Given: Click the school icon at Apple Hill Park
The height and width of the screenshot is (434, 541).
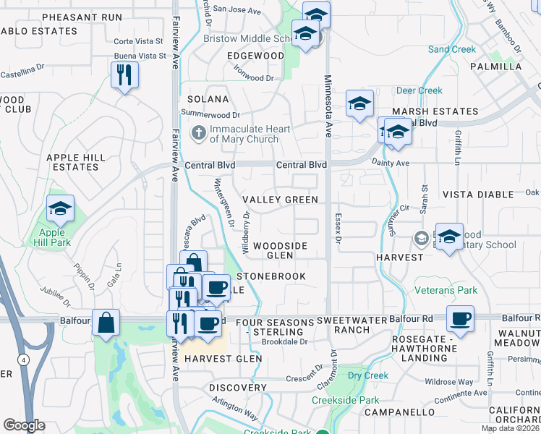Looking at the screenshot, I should click(61, 209).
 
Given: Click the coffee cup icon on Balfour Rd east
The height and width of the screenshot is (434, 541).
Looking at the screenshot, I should click(459, 317).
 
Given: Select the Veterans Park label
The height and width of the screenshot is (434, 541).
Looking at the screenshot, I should click(446, 290).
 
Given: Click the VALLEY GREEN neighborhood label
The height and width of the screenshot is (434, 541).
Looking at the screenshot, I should click(280, 200).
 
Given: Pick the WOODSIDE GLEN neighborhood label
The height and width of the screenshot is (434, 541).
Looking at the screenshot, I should click(280, 250).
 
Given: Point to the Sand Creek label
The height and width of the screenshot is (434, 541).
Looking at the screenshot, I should click(452, 49).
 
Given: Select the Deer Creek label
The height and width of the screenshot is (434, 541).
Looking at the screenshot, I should click(419, 90).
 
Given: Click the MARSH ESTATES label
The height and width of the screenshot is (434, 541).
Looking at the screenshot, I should click(435, 111).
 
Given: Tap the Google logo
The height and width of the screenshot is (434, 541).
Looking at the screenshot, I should click(24, 425).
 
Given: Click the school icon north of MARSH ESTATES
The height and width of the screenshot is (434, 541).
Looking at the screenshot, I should click(359, 103).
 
